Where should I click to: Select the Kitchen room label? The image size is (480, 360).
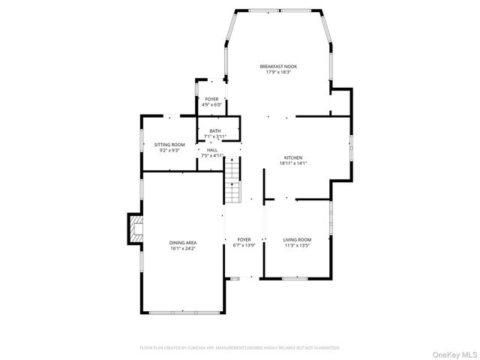coord(292,157)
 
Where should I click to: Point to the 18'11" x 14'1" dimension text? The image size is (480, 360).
coord(292,163)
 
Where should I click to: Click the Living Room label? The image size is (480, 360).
coord(297,240)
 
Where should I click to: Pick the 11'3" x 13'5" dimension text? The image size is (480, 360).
coord(297,246)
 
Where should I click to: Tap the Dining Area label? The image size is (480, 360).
coord(183,242)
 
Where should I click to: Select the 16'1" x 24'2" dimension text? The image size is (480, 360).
coord(183,248)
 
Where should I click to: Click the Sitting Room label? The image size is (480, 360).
coord(169,144)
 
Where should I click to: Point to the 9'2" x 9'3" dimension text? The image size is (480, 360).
coord(169,150)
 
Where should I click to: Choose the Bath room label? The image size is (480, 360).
coord(215,130)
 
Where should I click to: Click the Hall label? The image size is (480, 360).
coord(212,150)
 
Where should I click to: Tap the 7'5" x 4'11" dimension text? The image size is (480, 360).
coord(212,156)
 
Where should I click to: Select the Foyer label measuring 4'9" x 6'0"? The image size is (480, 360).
coord(212,99)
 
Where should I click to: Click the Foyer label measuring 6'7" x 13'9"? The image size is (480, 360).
coord(244,240)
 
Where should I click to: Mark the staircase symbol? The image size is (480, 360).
coord(234,186)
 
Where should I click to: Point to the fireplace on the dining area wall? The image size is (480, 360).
coord(134,229)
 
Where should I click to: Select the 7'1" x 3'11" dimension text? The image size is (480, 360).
coord(215,136)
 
